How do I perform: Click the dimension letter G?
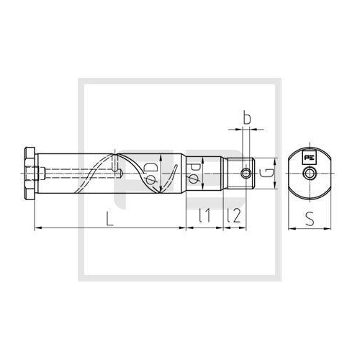267,173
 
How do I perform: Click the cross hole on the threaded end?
246,174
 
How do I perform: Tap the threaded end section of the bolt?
240,174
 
